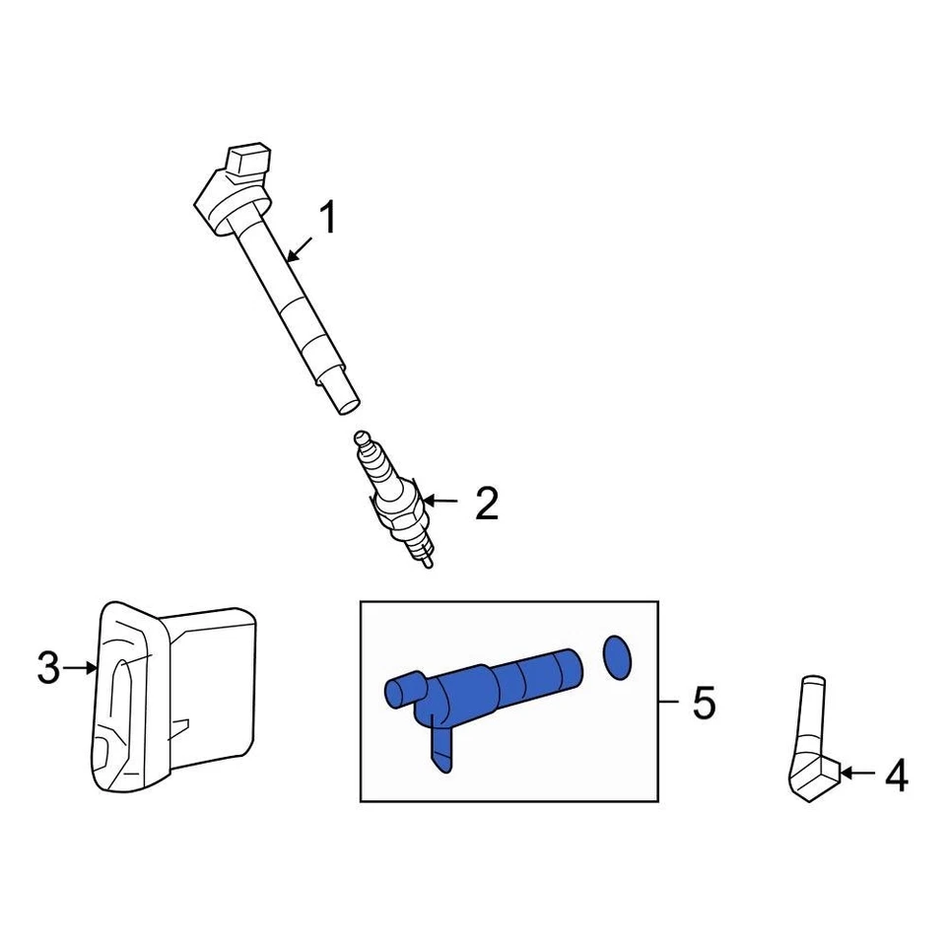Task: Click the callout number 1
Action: pos(326,218)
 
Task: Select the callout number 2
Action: pos(487,504)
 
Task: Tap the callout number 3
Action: pos(49,669)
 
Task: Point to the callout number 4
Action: pos(895,776)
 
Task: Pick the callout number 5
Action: pos(704,703)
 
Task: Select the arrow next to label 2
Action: pos(440,502)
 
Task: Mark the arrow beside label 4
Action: pos(858,775)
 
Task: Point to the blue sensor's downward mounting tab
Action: pos(440,745)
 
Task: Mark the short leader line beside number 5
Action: pos(669,702)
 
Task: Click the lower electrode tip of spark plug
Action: pos(427,562)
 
